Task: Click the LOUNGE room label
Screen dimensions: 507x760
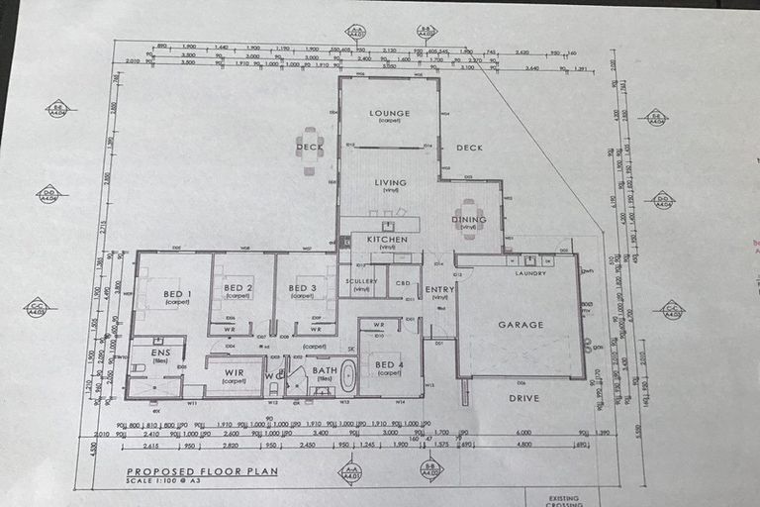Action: pyautogui.click(x=389, y=114)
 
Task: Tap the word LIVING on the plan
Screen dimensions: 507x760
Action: pyautogui.click(x=389, y=182)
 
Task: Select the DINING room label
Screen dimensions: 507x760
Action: pyautogui.click(x=468, y=220)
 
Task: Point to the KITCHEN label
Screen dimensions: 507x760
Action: pyautogui.click(x=387, y=240)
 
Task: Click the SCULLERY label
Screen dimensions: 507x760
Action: pyautogui.click(x=361, y=281)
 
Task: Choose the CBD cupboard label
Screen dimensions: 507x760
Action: pyautogui.click(x=403, y=282)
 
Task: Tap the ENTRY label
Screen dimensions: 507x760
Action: pyautogui.click(x=439, y=289)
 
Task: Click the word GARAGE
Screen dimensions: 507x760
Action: pyautogui.click(x=520, y=325)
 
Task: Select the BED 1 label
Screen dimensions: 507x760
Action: pyautogui.click(x=177, y=294)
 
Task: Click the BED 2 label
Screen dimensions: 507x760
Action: pyautogui.click(x=237, y=288)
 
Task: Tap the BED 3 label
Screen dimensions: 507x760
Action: pyautogui.click(x=302, y=288)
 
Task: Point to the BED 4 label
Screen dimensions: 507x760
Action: pyautogui.click(x=389, y=365)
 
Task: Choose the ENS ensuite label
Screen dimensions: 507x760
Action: pyautogui.click(x=159, y=353)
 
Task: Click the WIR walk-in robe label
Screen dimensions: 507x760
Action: pyautogui.click(x=234, y=372)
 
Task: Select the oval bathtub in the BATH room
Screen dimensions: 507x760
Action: pyautogui.click(x=347, y=377)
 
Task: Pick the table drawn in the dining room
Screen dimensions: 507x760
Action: pyautogui.click(x=469, y=219)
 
